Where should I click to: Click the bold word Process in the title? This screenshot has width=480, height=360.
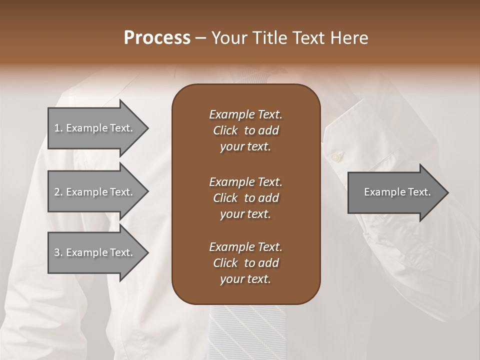[157, 38]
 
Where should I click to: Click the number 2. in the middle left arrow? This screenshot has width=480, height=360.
[58, 192]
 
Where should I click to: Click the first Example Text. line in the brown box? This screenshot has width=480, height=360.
[245, 114]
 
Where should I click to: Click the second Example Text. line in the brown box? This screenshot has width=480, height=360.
[245, 181]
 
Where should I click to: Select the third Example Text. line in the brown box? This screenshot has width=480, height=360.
[245, 247]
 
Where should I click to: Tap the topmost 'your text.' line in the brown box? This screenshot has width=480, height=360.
[245, 147]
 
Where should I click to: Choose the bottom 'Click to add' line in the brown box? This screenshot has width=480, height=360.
[245, 263]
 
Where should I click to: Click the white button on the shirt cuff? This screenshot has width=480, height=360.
[335, 157]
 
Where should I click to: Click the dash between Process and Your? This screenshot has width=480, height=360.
[200, 38]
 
